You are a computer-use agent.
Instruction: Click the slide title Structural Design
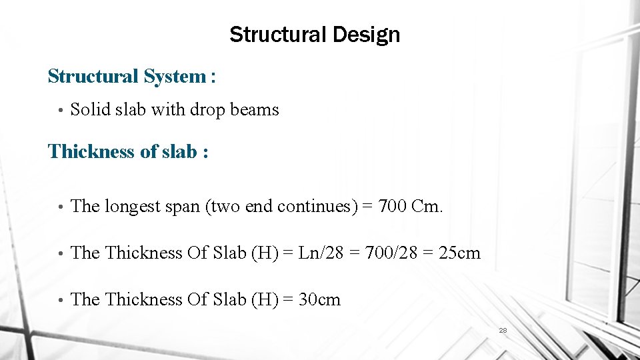(x=315, y=35)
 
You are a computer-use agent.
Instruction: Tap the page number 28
(x=503, y=330)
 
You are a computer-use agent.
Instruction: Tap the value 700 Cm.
(x=410, y=207)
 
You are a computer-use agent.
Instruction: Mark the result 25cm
(x=460, y=253)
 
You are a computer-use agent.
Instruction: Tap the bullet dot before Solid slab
(x=60, y=110)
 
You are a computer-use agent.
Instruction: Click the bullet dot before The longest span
(x=60, y=207)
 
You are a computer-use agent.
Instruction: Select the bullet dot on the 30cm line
(x=60, y=301)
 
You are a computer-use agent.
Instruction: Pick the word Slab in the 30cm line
(x=229, y=300)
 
